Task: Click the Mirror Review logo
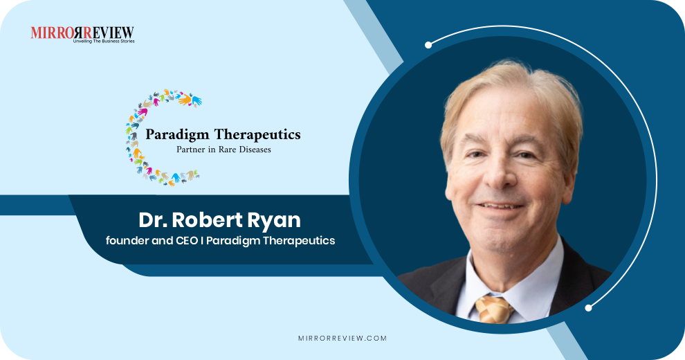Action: [82, 33]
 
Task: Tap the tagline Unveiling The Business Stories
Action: [103, 42]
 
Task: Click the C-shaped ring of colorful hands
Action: [138, 138]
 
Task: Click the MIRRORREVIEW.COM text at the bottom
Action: [342, 339]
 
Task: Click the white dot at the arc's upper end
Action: [428, 45]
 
